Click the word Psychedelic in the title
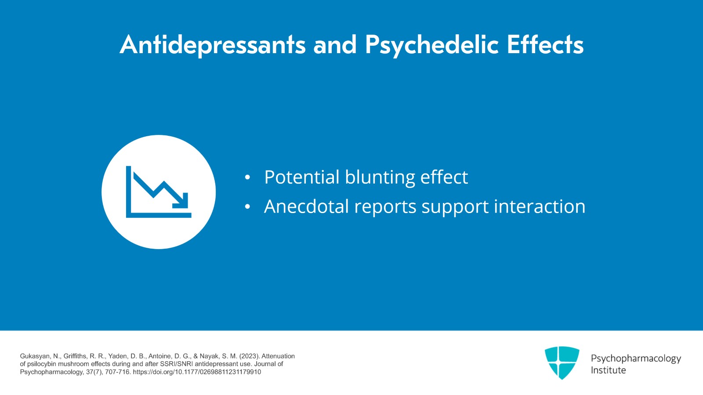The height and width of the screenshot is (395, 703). point(431,45)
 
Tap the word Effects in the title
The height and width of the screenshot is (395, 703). point(545,45)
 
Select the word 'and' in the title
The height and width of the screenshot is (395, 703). point(335,45)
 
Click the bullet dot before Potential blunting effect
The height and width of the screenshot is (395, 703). point(247,178)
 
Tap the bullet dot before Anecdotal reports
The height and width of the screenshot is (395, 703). point(247,207)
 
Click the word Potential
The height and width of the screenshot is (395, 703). point(301,178)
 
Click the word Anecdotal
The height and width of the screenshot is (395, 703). point(306,207)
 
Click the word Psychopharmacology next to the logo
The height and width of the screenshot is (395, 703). point(635,359)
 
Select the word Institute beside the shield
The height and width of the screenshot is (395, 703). point(608,370)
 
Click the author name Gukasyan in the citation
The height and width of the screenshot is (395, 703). point(35,356)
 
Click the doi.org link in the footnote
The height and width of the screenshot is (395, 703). point(197,372)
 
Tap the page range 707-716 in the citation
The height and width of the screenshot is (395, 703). point(117,372)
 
